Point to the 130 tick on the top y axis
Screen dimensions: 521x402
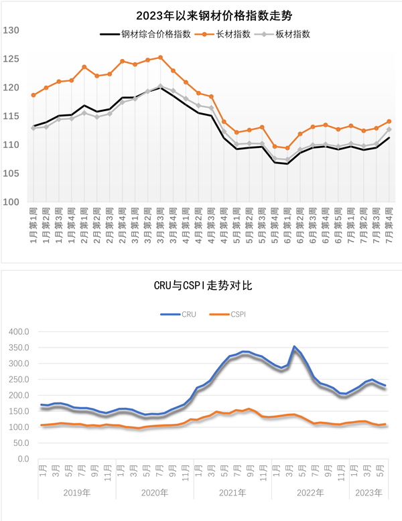point(11,30)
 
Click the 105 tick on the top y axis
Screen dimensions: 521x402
point(11,173)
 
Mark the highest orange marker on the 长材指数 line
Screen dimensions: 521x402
point(160,58)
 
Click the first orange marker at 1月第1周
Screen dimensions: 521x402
point(33,95)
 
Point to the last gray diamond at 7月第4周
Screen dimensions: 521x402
point(389,129)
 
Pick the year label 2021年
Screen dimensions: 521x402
point(232,492)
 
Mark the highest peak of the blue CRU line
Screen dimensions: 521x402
point(294,347)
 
